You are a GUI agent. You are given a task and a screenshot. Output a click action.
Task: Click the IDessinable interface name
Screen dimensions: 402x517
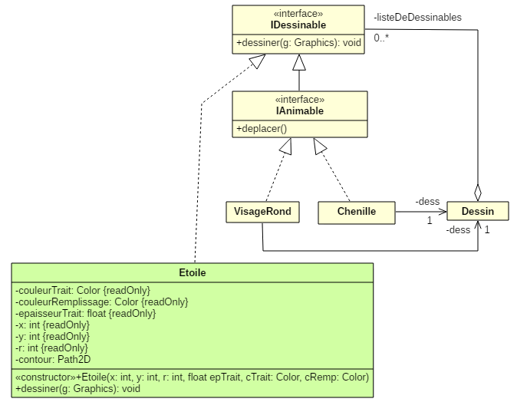point(298,26)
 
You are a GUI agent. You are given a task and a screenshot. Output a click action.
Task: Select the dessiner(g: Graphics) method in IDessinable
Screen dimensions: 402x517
point(298,43)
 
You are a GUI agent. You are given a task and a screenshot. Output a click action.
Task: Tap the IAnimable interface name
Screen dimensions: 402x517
point(299,111)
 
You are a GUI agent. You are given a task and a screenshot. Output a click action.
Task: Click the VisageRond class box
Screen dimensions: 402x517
point(262,212)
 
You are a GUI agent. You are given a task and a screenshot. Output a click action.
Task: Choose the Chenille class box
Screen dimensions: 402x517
point(356,212)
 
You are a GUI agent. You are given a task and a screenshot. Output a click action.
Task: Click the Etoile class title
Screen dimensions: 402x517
point(192,272)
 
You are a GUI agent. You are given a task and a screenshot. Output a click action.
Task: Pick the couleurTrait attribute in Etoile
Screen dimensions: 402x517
point(82,290)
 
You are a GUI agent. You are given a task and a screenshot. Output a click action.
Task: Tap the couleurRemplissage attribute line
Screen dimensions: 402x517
point(101,301)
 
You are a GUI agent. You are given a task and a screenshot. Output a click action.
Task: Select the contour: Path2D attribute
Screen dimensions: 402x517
point(54,359)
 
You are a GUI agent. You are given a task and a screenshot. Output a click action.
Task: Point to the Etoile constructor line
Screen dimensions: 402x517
point(192,377)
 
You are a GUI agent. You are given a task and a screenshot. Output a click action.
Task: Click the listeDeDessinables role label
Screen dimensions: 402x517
point(418,17)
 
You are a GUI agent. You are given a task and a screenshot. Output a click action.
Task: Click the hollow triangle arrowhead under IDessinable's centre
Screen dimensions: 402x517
point(298,61)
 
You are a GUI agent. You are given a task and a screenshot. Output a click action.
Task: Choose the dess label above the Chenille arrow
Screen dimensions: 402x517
point(428,201)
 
